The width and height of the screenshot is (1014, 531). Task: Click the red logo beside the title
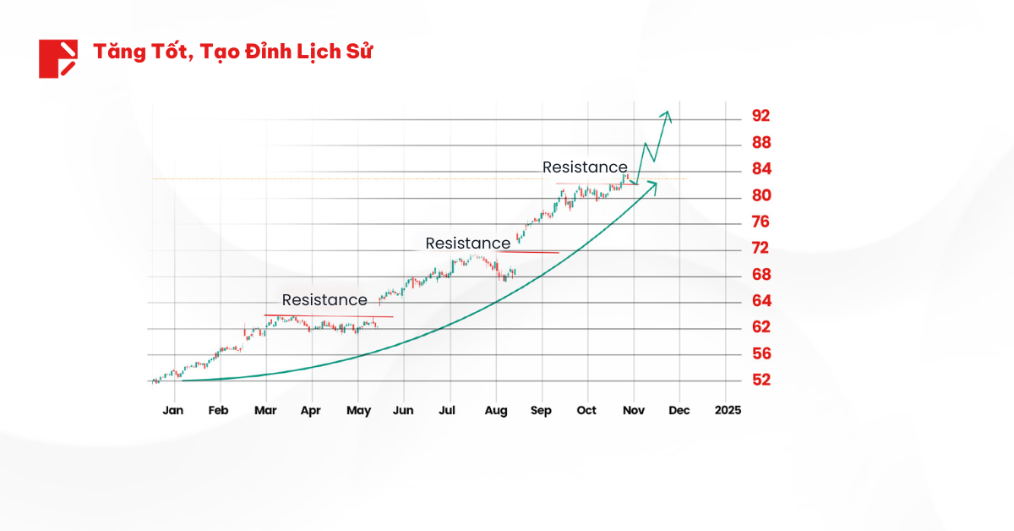click(57, 58)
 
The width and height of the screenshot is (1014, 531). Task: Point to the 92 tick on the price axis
click(761, 116)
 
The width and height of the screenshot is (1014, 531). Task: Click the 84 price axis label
click(761, 169)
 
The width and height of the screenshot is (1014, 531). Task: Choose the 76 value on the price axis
click(761, 222)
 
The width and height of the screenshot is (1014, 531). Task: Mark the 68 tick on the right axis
click(761, 274)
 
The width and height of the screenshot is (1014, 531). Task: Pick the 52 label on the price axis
click(761, 380)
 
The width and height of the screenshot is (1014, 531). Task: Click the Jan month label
click(172, 410)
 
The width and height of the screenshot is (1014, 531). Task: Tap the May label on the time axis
click(358, 410)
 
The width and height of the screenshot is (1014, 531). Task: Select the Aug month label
click(496, 410)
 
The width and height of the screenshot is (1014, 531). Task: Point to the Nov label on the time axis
click(634, 410)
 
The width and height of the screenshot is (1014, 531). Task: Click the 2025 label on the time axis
click(728, 410)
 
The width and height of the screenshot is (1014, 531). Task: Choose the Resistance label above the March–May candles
click(324, 300)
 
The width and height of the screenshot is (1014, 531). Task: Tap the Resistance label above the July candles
click(468, 244)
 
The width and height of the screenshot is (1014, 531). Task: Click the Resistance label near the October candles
click(585, 167)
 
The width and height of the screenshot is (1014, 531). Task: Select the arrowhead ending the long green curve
click(654, 184)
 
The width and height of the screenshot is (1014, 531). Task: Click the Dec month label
click(679, 410)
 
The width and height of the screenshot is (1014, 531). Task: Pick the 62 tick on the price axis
click(761, 326)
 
